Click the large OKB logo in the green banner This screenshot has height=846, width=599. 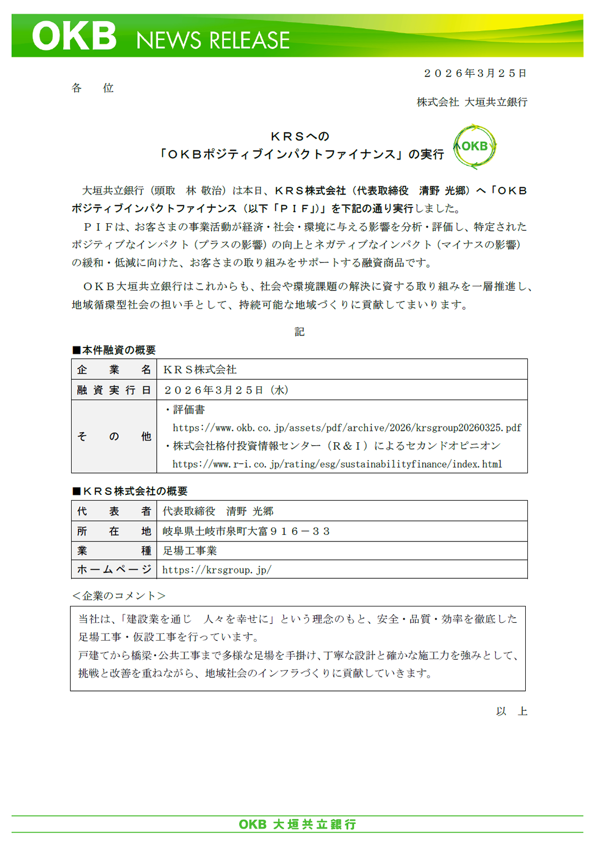pos(74,36)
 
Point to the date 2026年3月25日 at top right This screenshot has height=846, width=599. pos(475,73)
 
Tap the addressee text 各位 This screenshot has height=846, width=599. pos(93,88)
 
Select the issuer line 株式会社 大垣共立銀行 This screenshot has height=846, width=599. pos(472,102)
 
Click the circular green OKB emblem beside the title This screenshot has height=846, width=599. pos(475,147)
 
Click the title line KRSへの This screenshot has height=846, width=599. pos(299,137)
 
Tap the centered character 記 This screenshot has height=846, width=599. pos(299,332)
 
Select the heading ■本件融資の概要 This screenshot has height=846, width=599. pos(114,350)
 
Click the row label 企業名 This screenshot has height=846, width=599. pos(114,370)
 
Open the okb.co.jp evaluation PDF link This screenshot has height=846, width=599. pos(347,427)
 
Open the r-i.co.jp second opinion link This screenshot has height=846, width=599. pos(337,464)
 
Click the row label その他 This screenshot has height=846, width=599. pos(114,437)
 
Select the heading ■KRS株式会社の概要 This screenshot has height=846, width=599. pos(130,491)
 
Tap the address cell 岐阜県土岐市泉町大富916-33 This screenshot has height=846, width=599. pos(246,531)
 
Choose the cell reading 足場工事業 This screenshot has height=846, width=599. pos(190,551)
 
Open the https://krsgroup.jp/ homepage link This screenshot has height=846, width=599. pos(217,570)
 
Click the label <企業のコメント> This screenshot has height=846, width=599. pos(119,596)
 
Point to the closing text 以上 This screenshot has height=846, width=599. pos(511,711)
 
